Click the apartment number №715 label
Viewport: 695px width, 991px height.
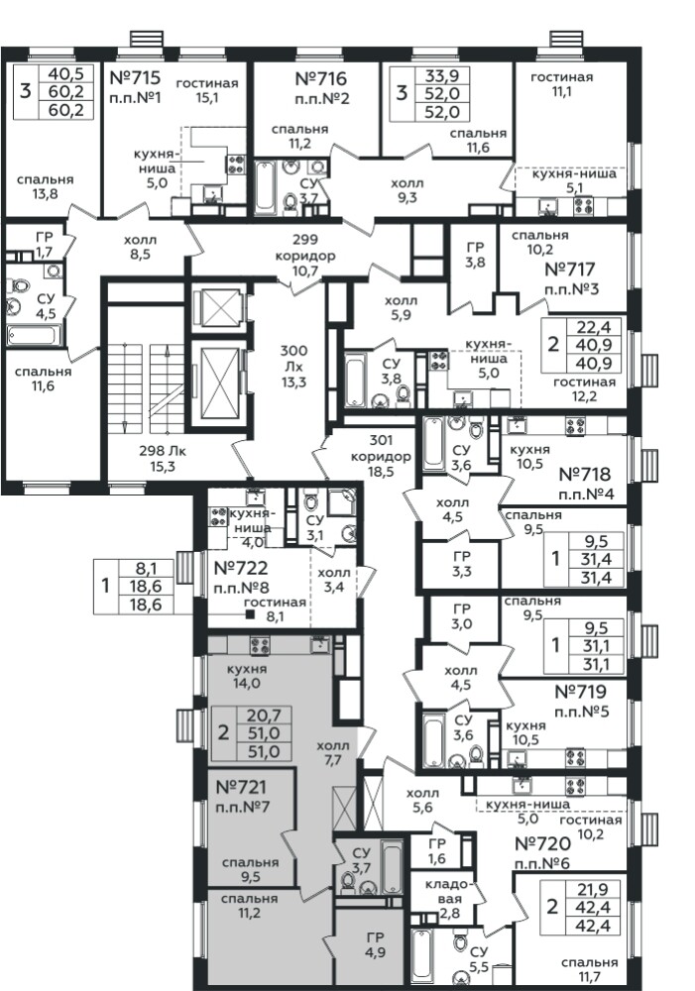136,78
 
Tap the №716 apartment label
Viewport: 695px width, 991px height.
321,79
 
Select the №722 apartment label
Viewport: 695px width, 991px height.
241,568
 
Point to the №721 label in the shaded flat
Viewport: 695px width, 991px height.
241,788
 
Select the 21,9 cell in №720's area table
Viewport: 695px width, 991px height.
593,889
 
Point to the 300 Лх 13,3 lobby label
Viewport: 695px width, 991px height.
294,366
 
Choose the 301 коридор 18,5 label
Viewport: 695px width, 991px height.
381,456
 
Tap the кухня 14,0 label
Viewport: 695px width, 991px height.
247,676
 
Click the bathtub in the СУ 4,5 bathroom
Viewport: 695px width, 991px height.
34,334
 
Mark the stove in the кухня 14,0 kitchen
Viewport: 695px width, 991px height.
260,645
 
